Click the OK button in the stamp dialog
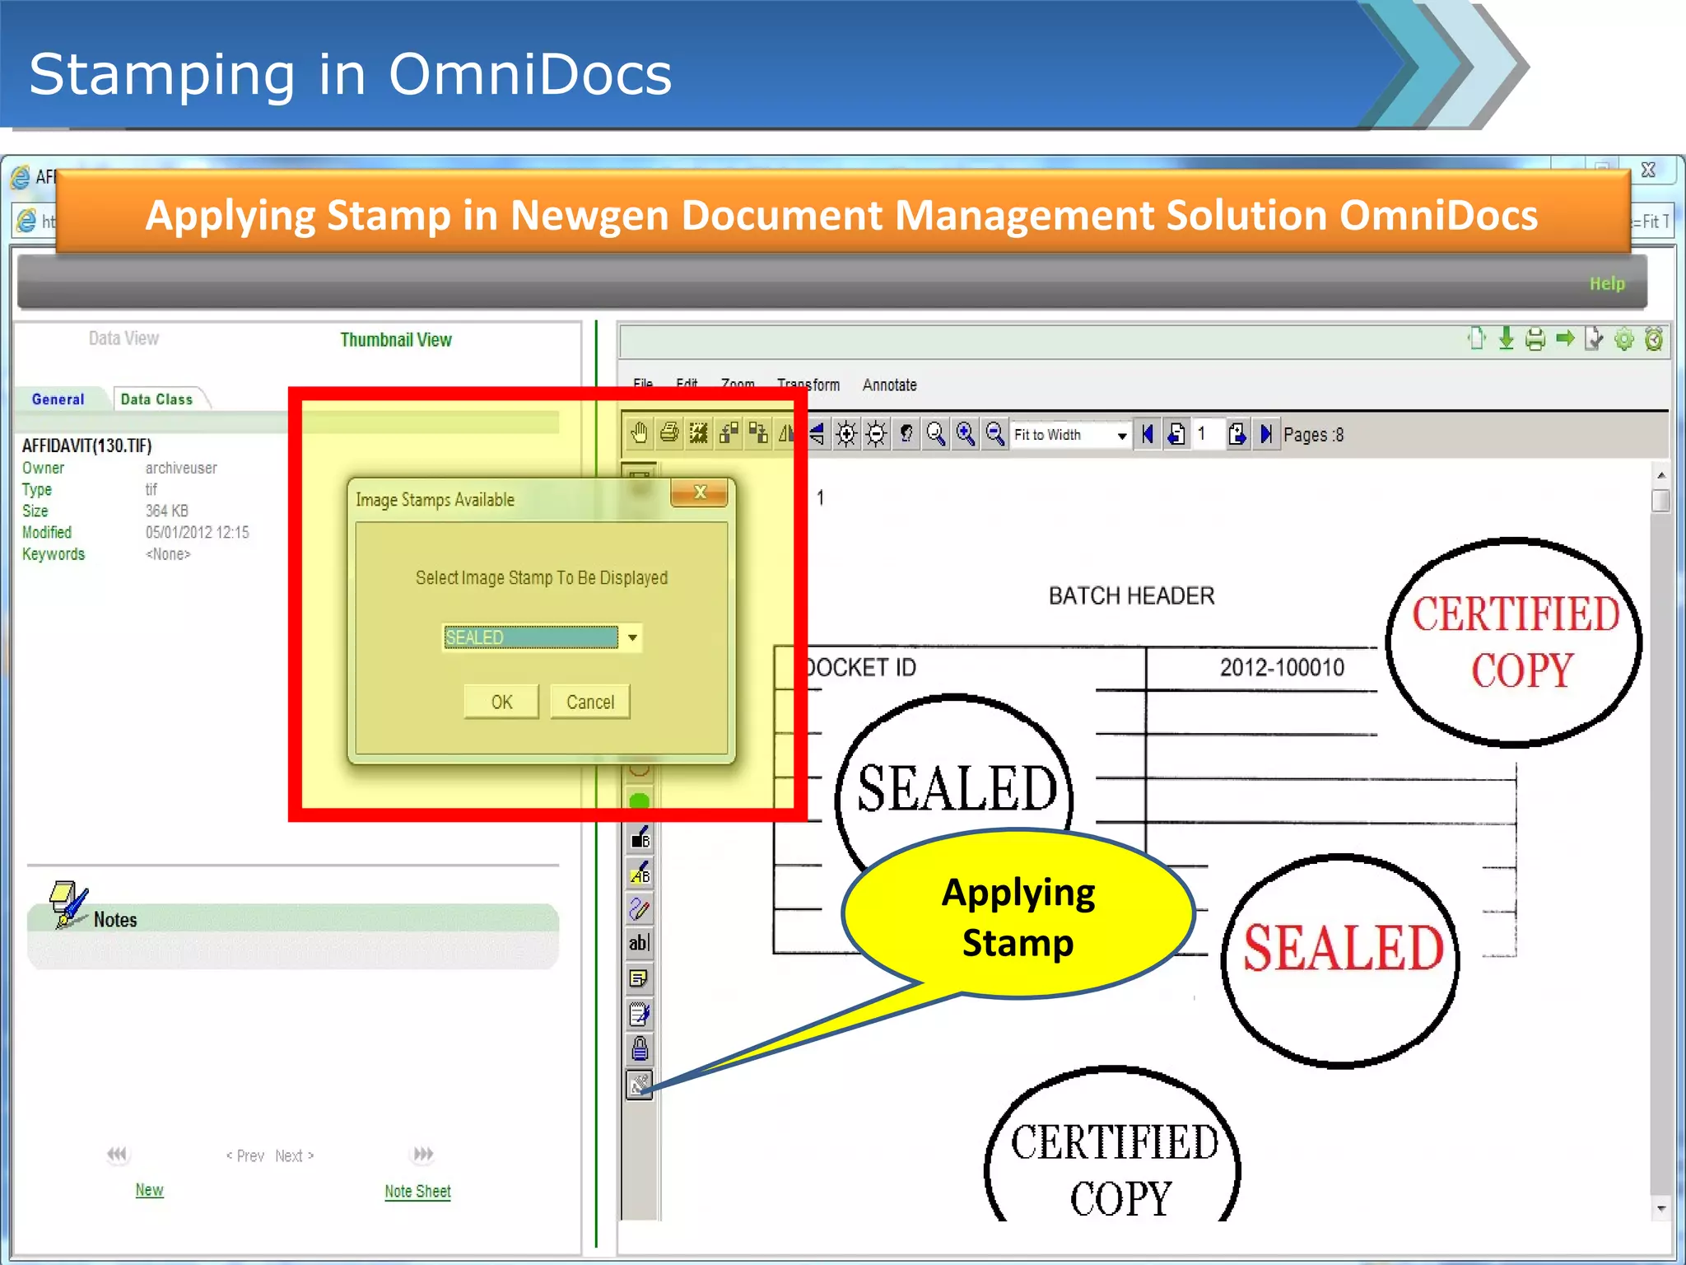pyautogui.click(x=501, y=702)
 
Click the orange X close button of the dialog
pyautogui.click(x=700, y=492)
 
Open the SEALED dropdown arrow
pyautogui.click(x=632, y=637)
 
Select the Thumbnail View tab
pyautogui.click(x=396, y=340)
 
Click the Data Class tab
pyautogui.click(x=156, y=399)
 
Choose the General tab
pyautogui.click(x=58, y=399)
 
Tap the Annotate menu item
pyautogui.click(x=889, y=385)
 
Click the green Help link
pyautogui.click(x=1606, y=283)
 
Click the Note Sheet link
pyautogui.click(x=417, y=1191)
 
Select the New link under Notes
pyautogui.click(x=149, y=1190)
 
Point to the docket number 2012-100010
pyautogui.click(x=1281, y=667)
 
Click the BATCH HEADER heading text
pyautogui.click(x=1131, y=595)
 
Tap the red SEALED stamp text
pyautogui.click(x=1343, y=948)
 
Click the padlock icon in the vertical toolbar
pyautogui.click(x=640, y=1048)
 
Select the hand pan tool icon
pyautogui.click(x=639, y=433)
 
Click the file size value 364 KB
pyautogui.click(x=166, y=511)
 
